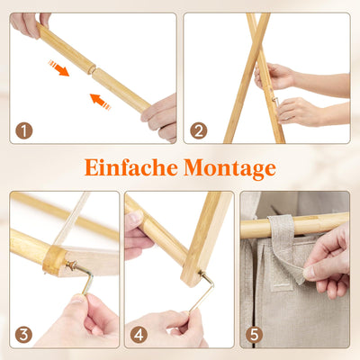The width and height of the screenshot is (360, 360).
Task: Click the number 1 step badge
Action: pos(24,130)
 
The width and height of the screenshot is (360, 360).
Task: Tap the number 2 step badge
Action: pos(199,130)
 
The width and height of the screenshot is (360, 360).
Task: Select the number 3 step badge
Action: pos(24,335)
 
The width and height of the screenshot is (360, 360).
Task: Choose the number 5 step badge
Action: pos(255,335)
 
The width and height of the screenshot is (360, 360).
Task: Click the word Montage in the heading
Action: pos(229,168)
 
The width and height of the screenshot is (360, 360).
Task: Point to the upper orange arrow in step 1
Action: pos(58,67)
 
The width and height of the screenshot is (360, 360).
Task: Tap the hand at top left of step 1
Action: pos(27,22)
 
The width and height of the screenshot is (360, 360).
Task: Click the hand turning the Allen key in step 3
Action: pos(81,315)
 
